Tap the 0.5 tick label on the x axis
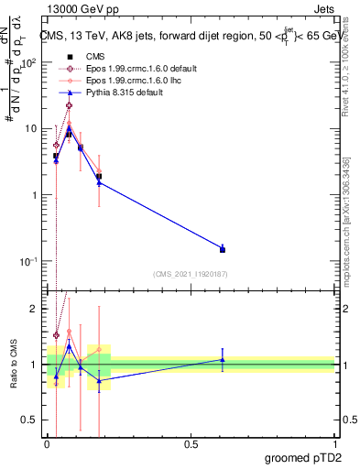click(191, 442)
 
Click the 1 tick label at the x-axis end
click(334, 442)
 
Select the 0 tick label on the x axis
click(47, 442)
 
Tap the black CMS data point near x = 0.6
click(223, 249)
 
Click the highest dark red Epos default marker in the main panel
click(69, 105)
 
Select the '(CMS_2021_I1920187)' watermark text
click(190, 273)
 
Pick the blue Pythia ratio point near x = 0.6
click(223, 360)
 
